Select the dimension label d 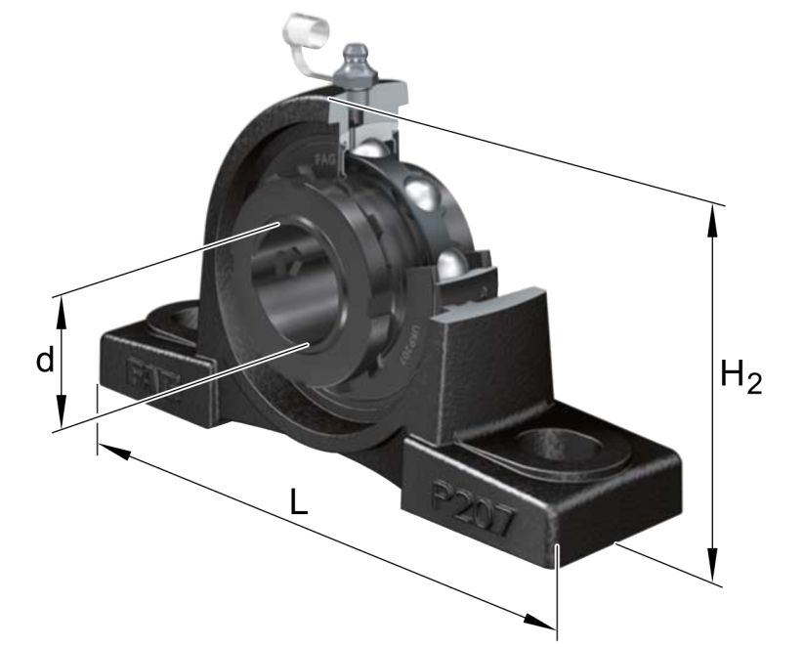click(44, 362)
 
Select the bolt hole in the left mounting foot click(173, 322)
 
